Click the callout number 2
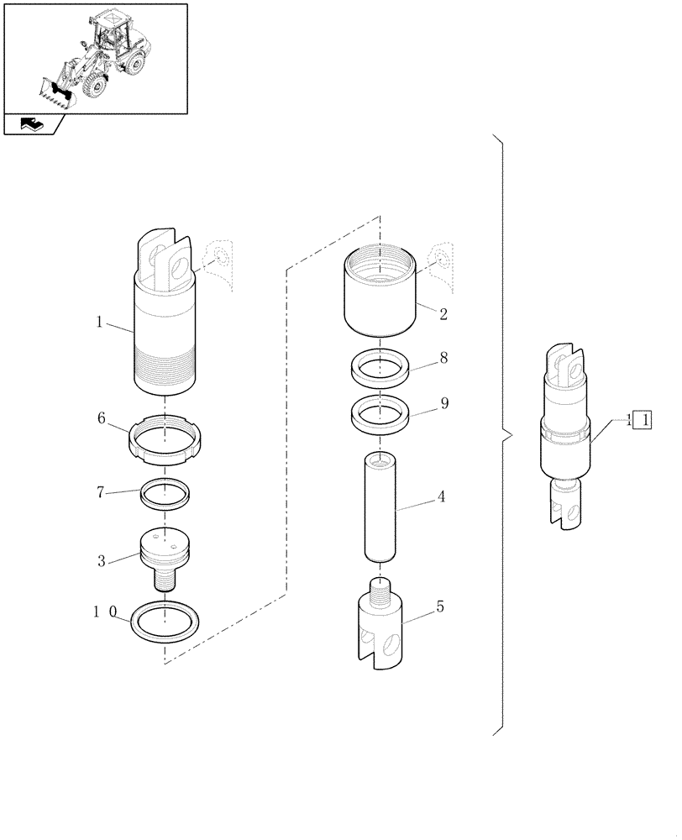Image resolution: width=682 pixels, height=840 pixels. pyautogui.click(x=443, y=315)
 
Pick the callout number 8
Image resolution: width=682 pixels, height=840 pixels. pyautogui.click(x=443, y=358)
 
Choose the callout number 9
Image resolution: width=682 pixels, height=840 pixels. pyautogui.click(x=443, y=403)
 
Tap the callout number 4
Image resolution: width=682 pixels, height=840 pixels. pyautogui.click(x=441, y=496)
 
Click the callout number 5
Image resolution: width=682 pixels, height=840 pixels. pyautogui.click(x=440, y=606)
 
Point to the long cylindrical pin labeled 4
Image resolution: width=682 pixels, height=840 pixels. pyautogui.click(x=379, y=507)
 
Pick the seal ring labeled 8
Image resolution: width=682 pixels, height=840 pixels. pyautogui.click(x=380, y=368)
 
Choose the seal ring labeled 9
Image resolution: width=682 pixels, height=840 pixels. pyautogui.click(x=380, y=415)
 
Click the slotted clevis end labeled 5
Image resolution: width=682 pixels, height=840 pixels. pyautogui.click(x=379, y=626)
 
